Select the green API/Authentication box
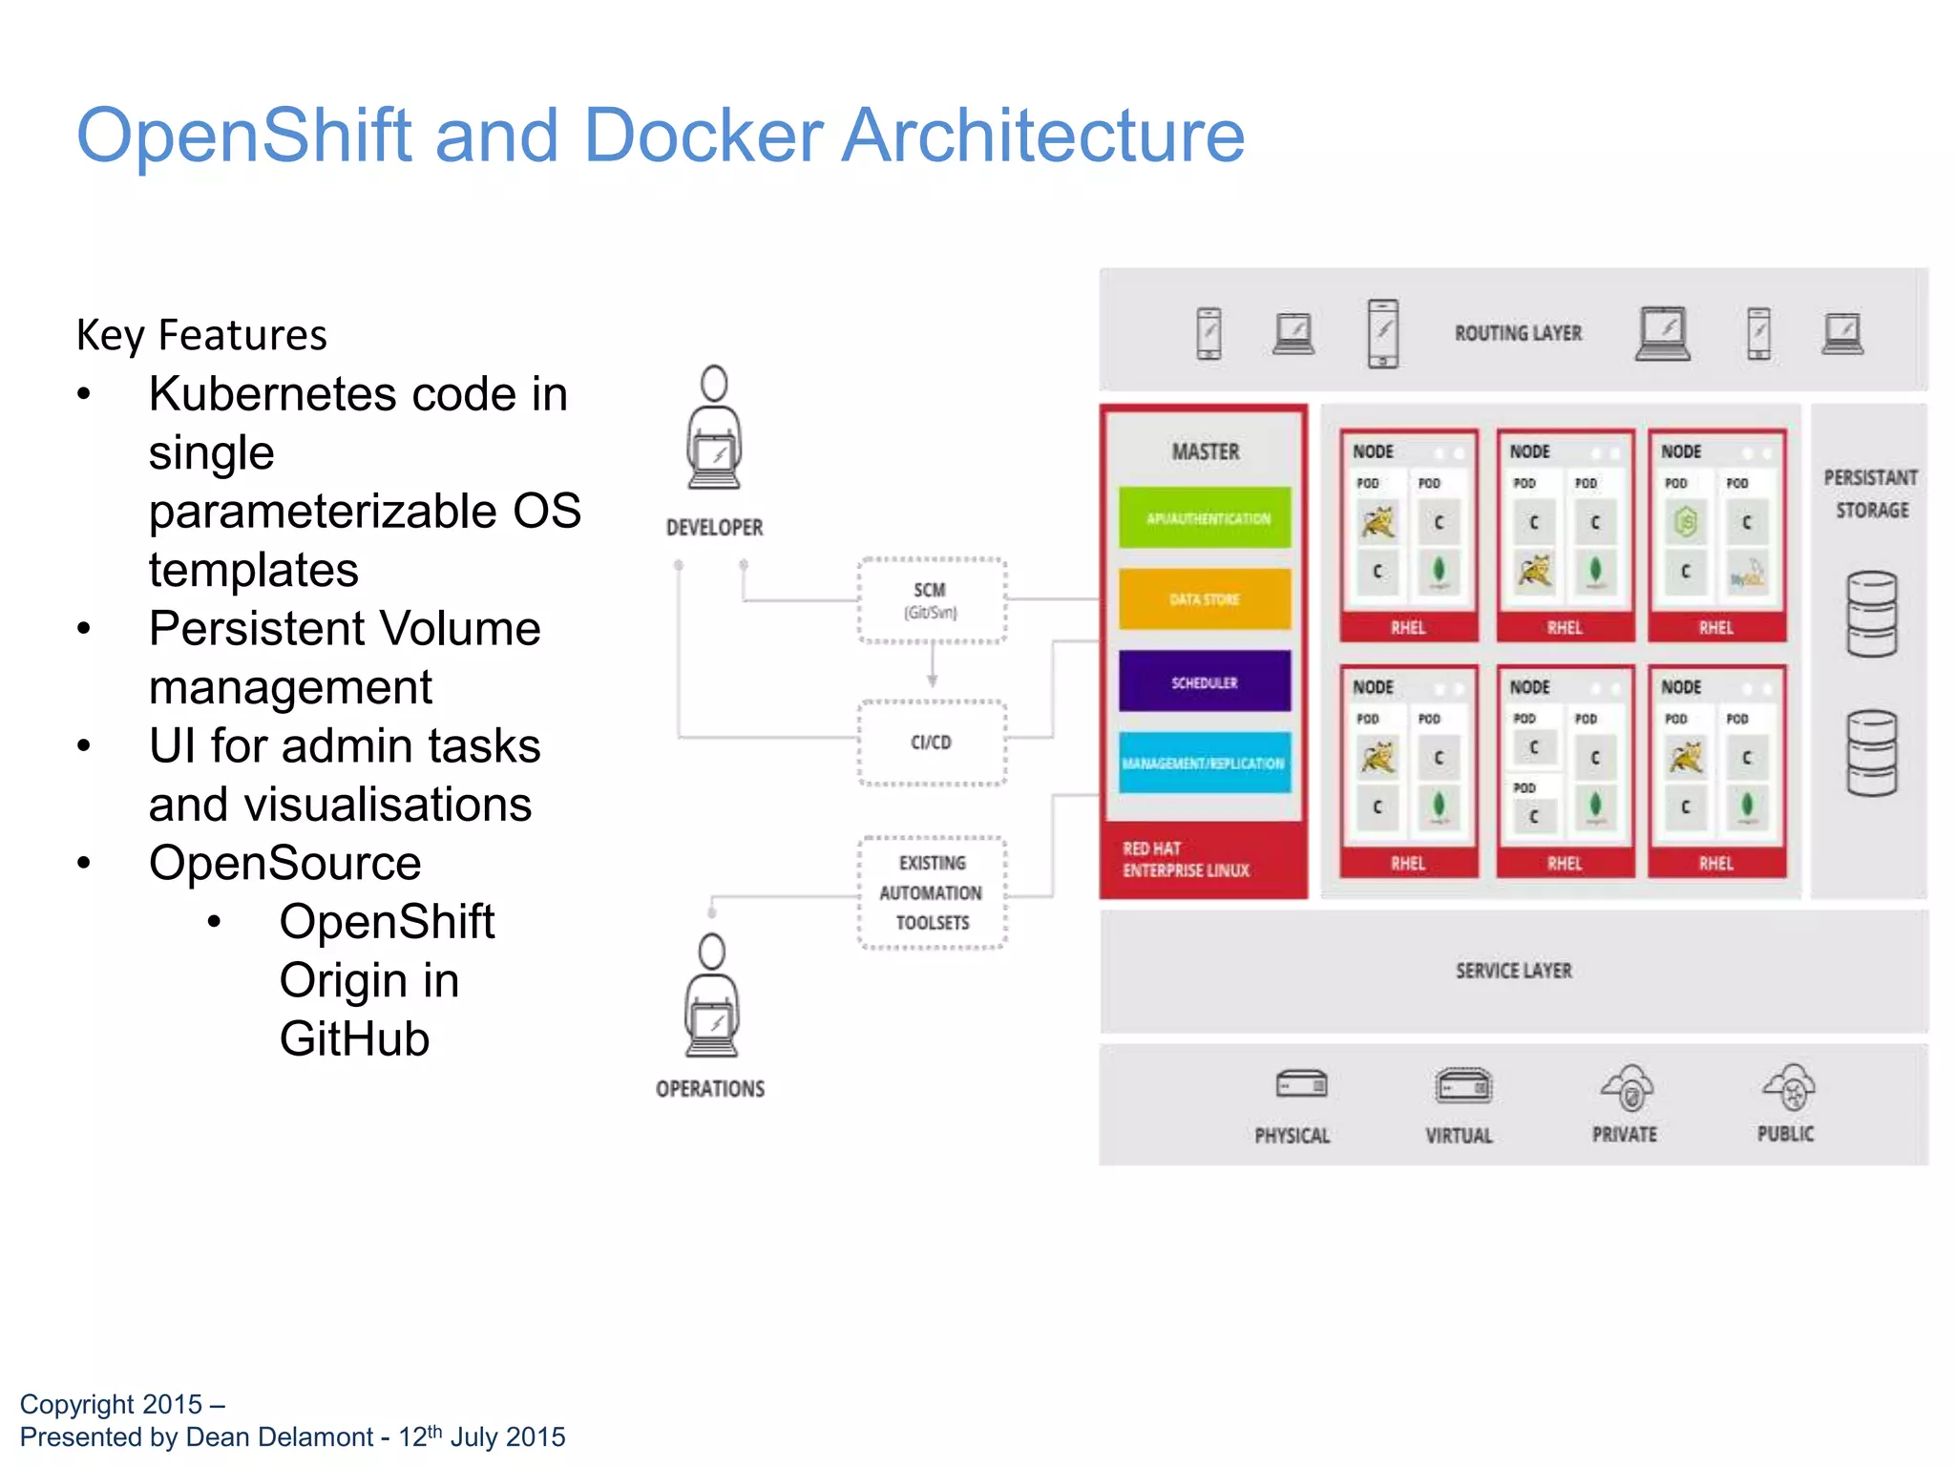point(1205,518)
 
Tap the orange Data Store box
point(1205,599)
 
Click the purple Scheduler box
point(1205,681)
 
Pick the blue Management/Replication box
point(1205,763)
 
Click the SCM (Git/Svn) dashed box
point(932,600)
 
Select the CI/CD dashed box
point(932,743)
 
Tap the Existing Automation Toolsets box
point(932,892)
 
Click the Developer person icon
point(714,429)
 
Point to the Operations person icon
point(712,997)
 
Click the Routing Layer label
point(1518,333)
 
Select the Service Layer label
point(1513,971)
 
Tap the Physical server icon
point(1301,1085)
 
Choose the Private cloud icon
point(1628,1088)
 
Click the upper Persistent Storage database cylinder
point(1871,614)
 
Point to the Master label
point(1206,451)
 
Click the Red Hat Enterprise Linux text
point(1186,859)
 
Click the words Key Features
point(201,335)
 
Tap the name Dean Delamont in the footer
point(279,1436)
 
